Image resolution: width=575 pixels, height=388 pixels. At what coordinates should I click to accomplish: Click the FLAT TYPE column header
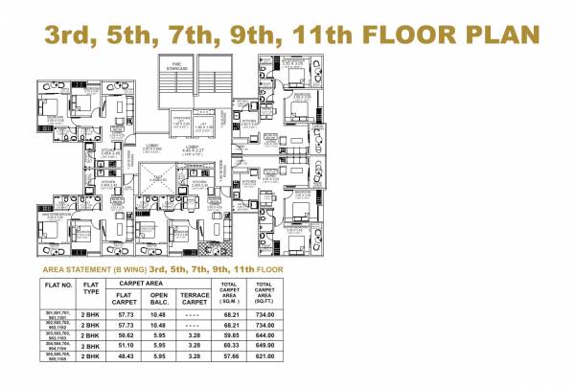pyautogui.click(x=92, y=289)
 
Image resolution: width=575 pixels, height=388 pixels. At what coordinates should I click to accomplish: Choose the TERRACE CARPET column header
pyautogui.click(x=195, y=298)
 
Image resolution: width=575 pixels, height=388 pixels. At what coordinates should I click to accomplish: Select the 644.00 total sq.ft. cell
pyautogui.click(x=265, y=337)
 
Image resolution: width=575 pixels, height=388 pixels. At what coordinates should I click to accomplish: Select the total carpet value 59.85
pyautogui.click(x=229, y=337)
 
